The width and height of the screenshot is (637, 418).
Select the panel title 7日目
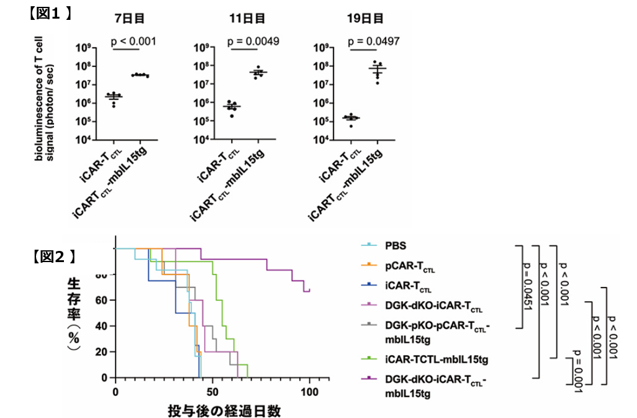pos(131,18)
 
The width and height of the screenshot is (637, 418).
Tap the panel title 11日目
pos(246,18)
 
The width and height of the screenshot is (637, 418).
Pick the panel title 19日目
pos(365,18)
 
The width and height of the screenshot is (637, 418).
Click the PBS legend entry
pos(397,245)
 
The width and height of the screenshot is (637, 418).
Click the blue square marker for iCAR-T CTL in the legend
pos(368,286)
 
